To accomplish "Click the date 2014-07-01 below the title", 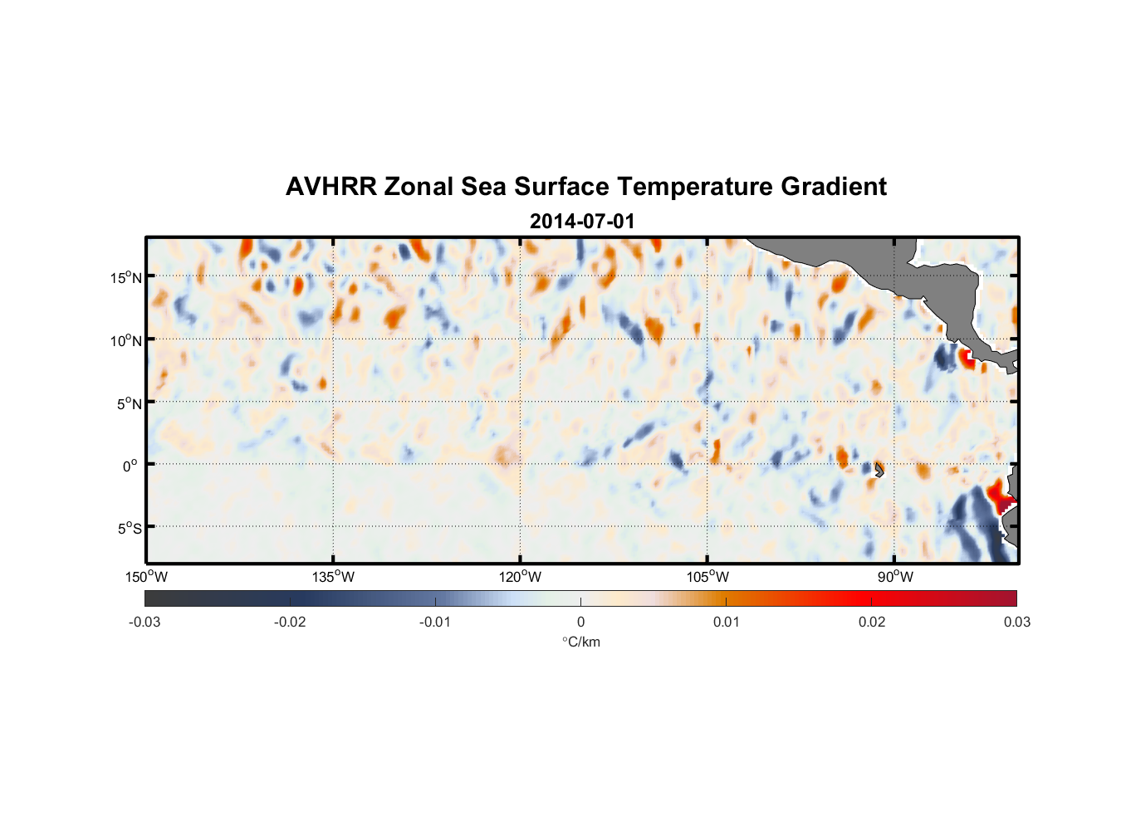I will coord(582,222).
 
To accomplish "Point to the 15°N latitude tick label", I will coord(126,277).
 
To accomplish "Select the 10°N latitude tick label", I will coord(126,340).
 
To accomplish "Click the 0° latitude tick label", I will coord(130,466).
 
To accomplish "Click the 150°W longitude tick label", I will coord(146,577).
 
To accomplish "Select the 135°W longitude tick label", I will coord(333,577).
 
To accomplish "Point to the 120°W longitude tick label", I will coord(520,577).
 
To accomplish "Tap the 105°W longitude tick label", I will coord(707,577).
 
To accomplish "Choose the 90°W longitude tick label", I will coord(895,577).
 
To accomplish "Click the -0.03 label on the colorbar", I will coord(144,622).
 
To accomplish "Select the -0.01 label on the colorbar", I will coord(435,622).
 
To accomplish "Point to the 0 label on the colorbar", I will coord(580,622).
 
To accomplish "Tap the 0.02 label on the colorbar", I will coord(872,622).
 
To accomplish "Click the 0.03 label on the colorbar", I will coord(1016,622).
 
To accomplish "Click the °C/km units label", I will coord(580,642).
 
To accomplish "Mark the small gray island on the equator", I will coord(879,469).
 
